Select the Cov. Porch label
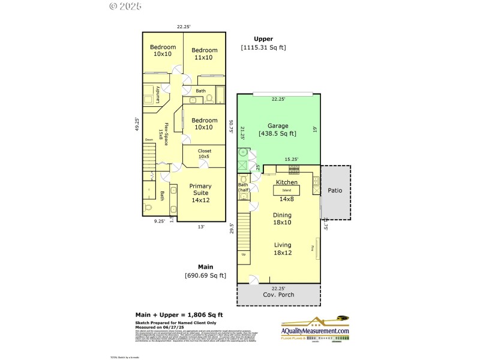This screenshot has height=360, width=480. [278, 295]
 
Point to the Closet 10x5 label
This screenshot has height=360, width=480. [204, 154]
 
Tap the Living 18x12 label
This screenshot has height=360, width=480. [283, 248]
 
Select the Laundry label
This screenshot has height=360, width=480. [158, 95]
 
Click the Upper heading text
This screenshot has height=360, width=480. [263, 38]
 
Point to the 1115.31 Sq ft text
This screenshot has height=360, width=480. [264, 47]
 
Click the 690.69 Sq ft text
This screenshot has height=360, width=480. [205, 275]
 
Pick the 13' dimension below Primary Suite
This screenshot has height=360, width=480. [201, 227]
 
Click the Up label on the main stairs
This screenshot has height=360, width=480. [244, 254]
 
